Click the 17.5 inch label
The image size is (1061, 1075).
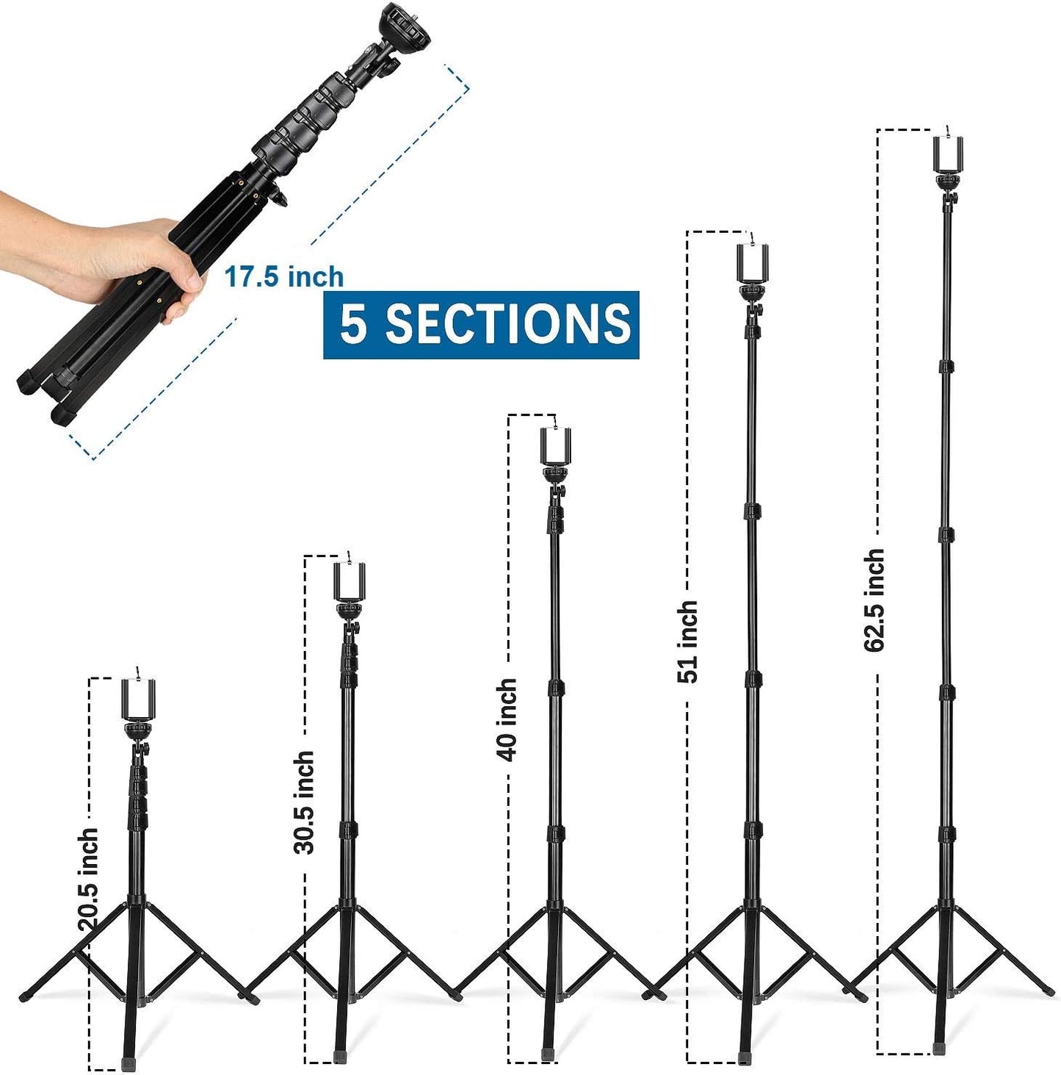pos(283,277)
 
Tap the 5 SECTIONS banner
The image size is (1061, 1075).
pos(481,324)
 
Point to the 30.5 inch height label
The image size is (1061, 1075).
pos(304,802)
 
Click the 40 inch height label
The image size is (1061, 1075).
pos(507,719)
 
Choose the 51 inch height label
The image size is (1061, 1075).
pos(687,641)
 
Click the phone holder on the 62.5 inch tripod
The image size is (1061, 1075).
pos(948,155)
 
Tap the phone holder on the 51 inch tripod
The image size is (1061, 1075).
pos(752,263)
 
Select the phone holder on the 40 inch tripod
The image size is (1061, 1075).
pos(556,445)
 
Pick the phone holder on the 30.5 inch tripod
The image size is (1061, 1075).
pos(350,581)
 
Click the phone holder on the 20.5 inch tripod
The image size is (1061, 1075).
pos(138,699)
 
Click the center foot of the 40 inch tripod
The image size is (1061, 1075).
pos(548,1054)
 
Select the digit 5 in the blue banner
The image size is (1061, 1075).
pos(353,324)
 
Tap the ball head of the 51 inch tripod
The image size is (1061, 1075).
pos(752,293)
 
